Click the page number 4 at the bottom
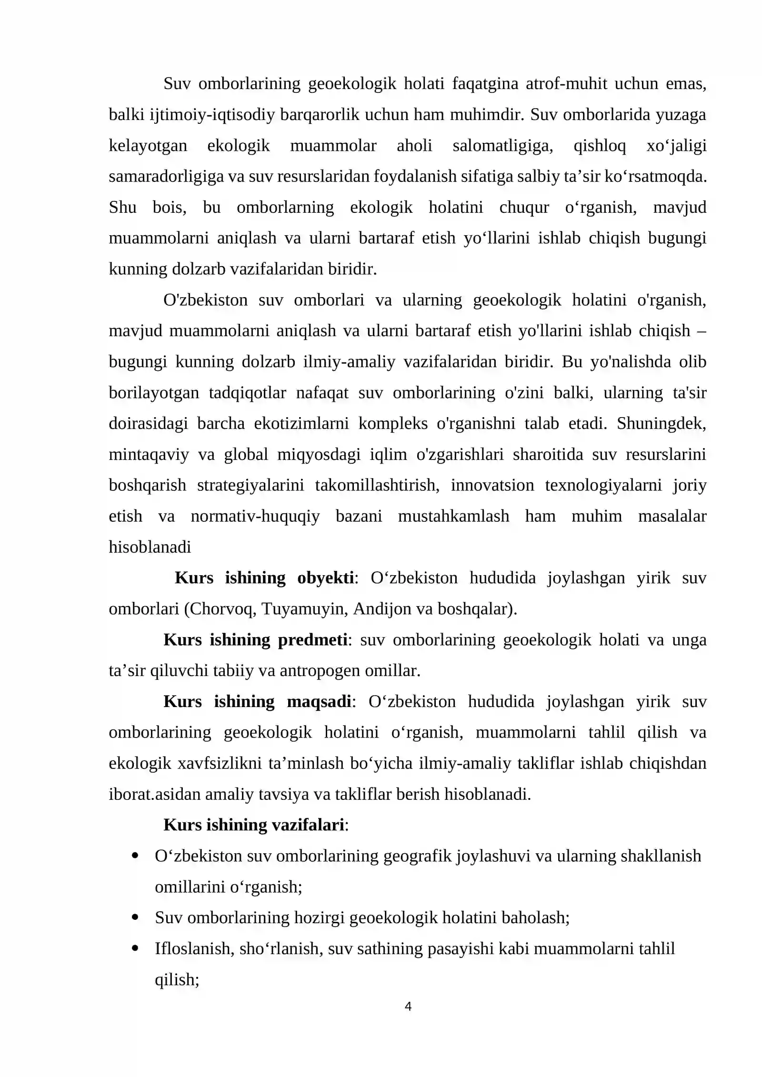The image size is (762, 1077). [408, 1006]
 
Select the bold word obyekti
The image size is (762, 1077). [325, 578]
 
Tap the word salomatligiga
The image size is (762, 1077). [502, 145]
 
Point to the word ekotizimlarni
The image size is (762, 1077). [301, 423]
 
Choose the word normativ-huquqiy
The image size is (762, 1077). [255, 516]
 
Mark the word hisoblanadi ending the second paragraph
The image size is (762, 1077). [150, 547]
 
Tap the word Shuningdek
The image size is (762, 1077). [661, 423]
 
